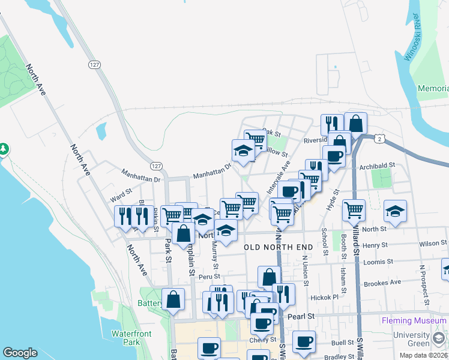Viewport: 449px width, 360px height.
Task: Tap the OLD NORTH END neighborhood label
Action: click(x=279, y=247)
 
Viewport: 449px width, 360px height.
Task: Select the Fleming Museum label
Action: click(x=414, y=321)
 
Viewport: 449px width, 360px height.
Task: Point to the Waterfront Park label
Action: click(x=130, y=338)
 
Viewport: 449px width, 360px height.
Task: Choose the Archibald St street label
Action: click(x=378, y=164)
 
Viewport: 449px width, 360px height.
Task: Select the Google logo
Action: click(x=20, y=353)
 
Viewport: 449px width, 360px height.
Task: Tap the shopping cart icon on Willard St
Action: click(x=354, y=210)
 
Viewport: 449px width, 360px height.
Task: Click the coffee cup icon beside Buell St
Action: click(x=304, y=341)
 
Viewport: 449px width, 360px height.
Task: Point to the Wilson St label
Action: click(x=433, y=244)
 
